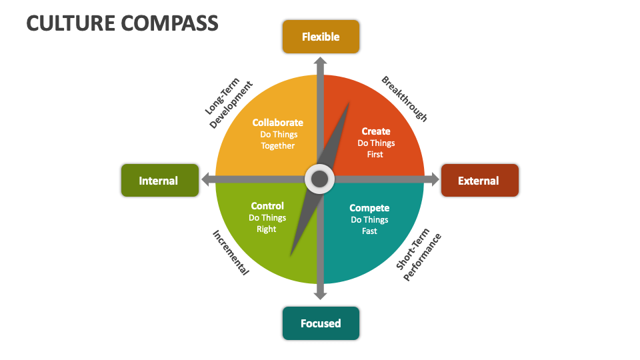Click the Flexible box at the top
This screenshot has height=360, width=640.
pos(321,37)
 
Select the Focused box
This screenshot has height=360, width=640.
pos(321,323)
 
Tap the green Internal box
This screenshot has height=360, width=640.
pos(159,180)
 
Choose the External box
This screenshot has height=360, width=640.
pos(479,180)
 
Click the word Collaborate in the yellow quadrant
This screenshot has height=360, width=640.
pos(277,123)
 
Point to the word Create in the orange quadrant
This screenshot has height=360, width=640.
pos(376,131)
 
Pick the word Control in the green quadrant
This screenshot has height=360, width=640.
pos(267,206)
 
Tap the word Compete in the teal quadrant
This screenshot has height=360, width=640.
pos(369,208)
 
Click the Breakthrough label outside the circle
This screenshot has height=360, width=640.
pos(404,99)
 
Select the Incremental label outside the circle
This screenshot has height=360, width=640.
pos(231,253)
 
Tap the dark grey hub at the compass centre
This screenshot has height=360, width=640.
pos(320,179)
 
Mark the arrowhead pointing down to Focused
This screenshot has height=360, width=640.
pos(321,294)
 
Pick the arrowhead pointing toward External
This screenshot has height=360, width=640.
pos(435,179)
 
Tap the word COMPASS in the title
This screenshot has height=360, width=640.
pos(171,23)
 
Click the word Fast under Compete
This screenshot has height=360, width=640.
pos(369,231)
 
